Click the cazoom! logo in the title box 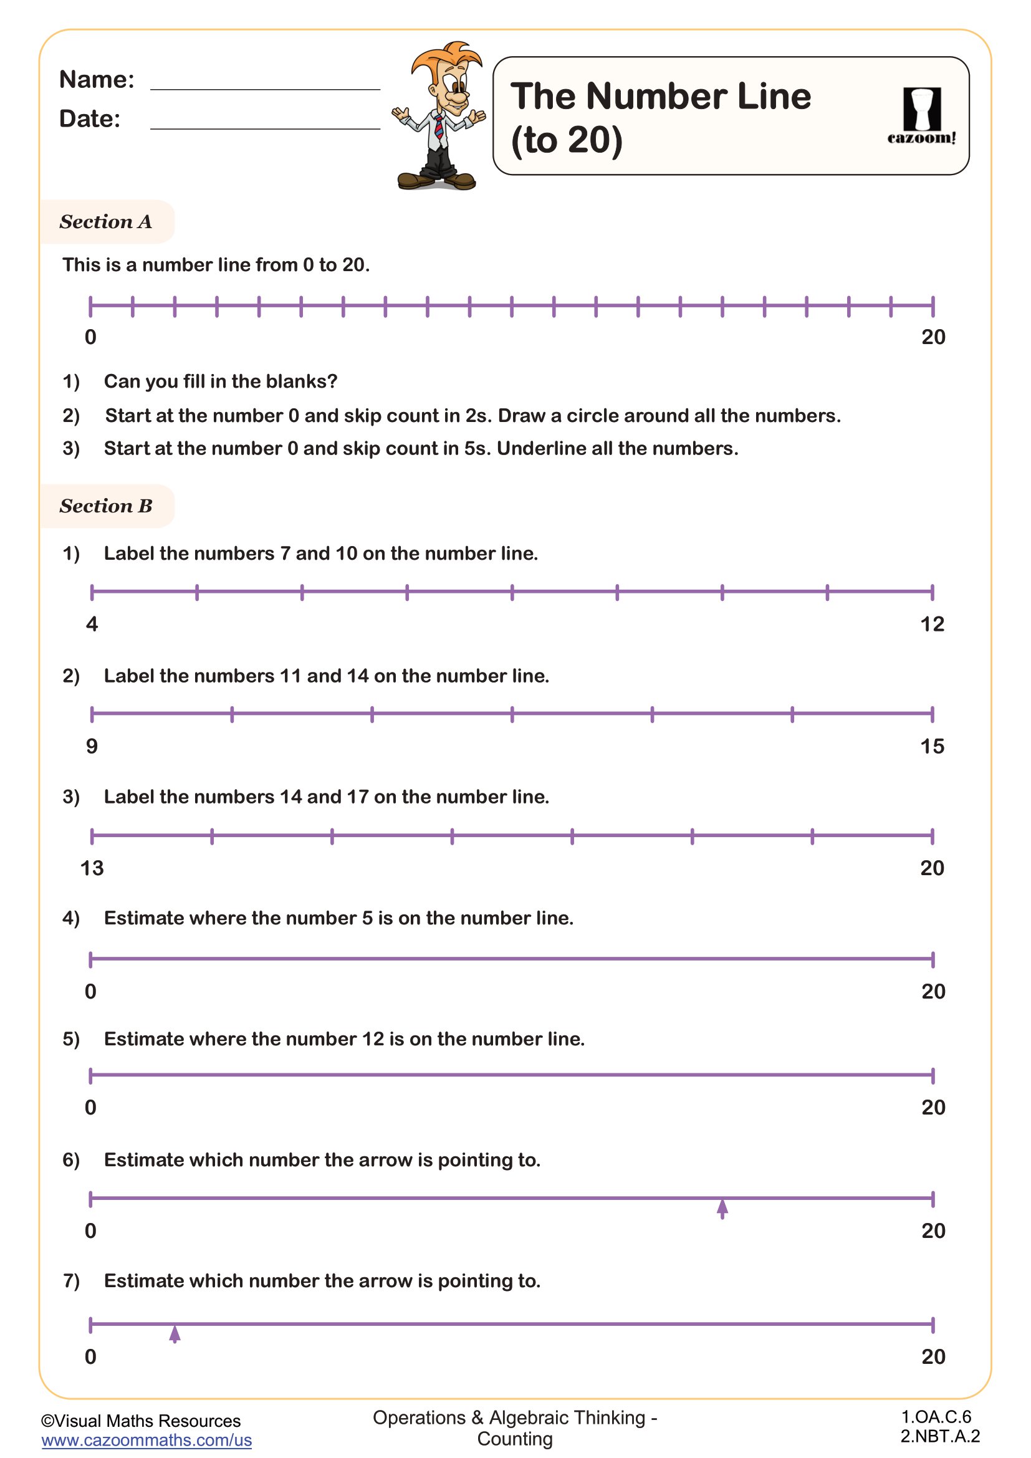click(x=921, y=116)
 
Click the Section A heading click(x=106, y=222)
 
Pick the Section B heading click(x=106, y=506)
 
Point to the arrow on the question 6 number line click(x=722, y=1208)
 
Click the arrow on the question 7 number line click(x=175, y=1333)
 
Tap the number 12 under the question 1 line click(x=932, y=625)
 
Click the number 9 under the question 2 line click(x=92, y=746)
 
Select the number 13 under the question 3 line click(x=92, y=868)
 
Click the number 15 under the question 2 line click(x=932, y=746)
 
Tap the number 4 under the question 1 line click(x=92, y=625)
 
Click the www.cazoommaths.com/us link click(x=146, y=1439)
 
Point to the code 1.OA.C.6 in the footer click(x=936, y=1417)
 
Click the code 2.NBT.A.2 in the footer click(x=939, y=1436)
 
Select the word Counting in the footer click(x=515, y=1439)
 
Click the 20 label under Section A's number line click(x=933, y=337)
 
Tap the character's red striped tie click(x=439, y=127)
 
